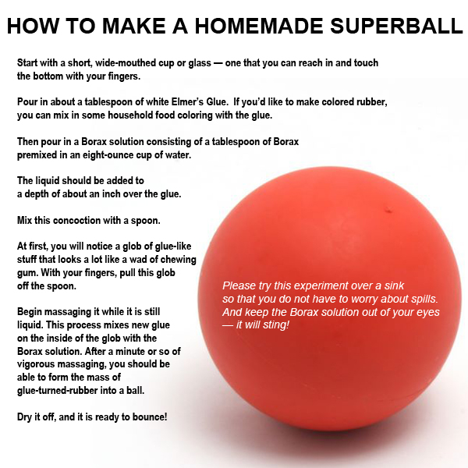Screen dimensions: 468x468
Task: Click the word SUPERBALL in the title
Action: pos(397,26)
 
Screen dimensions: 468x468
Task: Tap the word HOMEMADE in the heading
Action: pos(259,26)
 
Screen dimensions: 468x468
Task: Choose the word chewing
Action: pos(178,260)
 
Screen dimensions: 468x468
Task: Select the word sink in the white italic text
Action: pos(394,285)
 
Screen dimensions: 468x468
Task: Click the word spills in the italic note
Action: pos(424,299)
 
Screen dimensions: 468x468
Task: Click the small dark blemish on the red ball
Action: pos(388,211)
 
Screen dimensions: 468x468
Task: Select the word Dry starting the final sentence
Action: pos(24,417)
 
